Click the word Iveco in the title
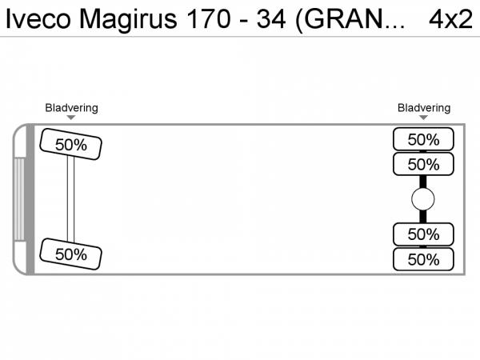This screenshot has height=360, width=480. [38, 19]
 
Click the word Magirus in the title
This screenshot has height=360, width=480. [128, 20]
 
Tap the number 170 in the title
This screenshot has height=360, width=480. [209, 19]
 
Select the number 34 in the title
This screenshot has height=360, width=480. [271, 19]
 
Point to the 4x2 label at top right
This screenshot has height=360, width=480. [451, 19]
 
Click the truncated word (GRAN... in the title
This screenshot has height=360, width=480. [350, 20]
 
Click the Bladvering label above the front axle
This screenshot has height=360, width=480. [72, 108]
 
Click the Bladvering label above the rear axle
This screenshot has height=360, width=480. [424, 108]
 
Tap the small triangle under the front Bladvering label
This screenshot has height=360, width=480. [71, 118]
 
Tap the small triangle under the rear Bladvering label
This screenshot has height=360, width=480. [423, 118]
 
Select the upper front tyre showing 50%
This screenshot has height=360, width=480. [70, 144]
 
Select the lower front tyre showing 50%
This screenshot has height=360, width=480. [70, 254]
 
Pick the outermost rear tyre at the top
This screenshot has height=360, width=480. [423, 139]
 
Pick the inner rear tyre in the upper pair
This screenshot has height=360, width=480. [423, 164]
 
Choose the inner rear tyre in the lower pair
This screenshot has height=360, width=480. [423, 234]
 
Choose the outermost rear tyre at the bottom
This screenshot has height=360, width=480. [423, 259]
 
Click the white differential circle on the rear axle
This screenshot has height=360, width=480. [422, 199]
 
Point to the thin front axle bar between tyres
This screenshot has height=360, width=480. [70, 199]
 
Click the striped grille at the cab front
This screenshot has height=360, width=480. [19, 199]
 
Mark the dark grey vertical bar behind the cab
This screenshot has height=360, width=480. [30, 199]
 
